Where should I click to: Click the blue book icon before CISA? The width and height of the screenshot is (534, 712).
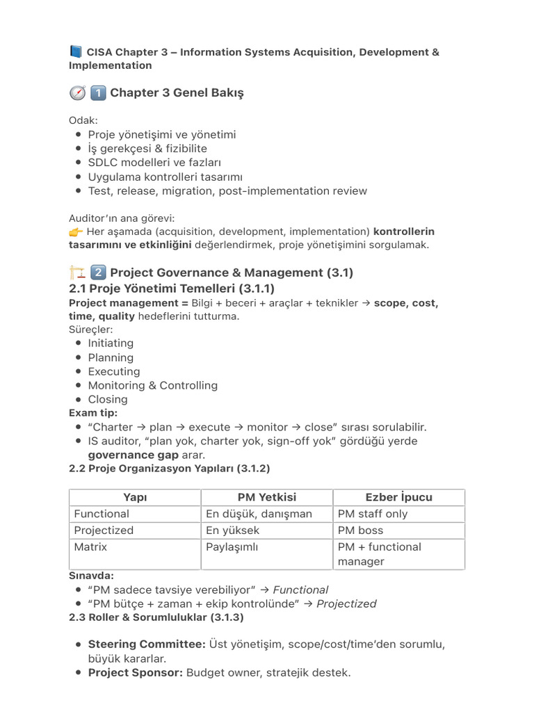click(76, 52)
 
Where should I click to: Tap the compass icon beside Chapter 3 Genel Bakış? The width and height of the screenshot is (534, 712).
click(76, 93)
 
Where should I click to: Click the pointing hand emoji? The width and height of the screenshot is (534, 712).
click(76, 232)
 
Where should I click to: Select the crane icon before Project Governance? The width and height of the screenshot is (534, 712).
click(76, 273)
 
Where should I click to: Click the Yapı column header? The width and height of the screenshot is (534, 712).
click(135, 497)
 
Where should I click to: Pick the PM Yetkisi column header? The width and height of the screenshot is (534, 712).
click(267, 497)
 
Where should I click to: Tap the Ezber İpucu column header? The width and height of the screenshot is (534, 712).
click(399, 497)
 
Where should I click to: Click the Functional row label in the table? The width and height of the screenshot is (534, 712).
click(102, 514)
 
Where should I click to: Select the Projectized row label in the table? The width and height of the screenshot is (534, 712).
click(104, 531)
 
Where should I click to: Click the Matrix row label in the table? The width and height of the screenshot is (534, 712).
click(91, 547)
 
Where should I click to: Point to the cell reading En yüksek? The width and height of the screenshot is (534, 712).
click(233, 531)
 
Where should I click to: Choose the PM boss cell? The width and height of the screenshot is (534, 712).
click(360, 531)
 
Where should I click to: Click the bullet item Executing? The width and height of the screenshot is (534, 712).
click(114, 371)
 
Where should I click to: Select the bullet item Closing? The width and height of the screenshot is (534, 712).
click(108, 399)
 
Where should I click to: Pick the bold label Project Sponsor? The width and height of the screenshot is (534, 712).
click(136, 672)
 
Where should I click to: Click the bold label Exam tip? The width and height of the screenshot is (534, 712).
click(92, 413)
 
